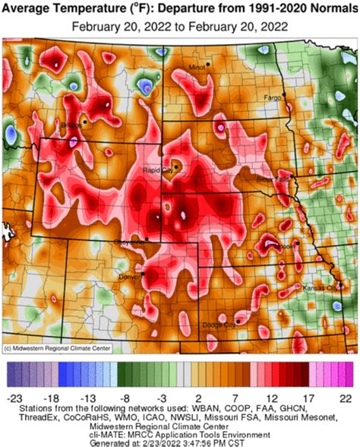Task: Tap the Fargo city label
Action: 272,97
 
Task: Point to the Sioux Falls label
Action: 273,179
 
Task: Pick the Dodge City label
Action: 219,325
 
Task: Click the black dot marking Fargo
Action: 284,94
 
